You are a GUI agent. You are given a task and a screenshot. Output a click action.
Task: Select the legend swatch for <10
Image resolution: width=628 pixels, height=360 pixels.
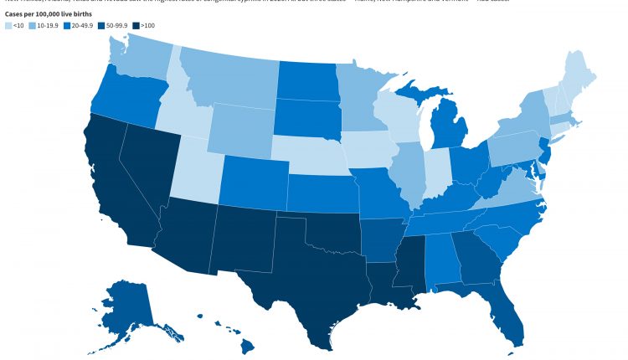point(8,26)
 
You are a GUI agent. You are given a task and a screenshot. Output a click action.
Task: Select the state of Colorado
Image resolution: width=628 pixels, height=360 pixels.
point(251,177)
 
